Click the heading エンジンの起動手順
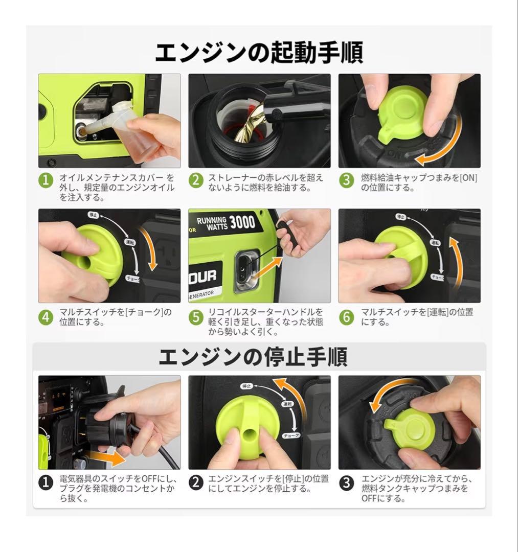[259, 53]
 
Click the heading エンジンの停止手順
[253, 357]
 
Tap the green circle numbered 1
[46, 180]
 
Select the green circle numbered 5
[196, 317]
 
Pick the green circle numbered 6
[347, 317]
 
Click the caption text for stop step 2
[268, 484]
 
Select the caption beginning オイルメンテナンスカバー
[117, 187]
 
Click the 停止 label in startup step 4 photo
[93, 215]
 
